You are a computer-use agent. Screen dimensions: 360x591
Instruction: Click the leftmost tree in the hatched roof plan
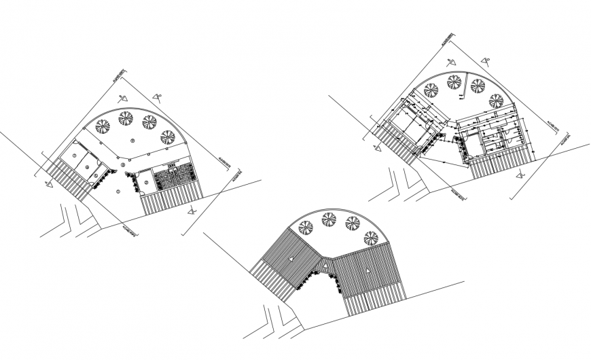coord(306,227)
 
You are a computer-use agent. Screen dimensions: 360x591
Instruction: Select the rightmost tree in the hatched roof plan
coord(371,238)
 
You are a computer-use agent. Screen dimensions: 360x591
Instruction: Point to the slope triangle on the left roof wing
coord(289,259)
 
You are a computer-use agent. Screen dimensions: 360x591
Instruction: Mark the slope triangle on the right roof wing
coord(367,270)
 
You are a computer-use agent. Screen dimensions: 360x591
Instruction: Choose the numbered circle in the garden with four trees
coord(133,140)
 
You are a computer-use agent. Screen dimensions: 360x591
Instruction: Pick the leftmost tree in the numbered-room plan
coord(103,126)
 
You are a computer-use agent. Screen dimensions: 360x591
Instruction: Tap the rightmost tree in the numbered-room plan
coord(168,137)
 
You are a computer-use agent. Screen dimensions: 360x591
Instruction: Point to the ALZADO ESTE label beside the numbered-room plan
coord(223,164)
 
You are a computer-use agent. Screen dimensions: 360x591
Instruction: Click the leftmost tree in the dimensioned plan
coord(430,88)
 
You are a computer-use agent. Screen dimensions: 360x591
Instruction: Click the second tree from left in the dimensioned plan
coord(454,82)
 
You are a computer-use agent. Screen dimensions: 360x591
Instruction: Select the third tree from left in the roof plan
coord(353,223)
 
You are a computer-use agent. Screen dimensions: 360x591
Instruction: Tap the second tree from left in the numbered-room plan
coord(126,118)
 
